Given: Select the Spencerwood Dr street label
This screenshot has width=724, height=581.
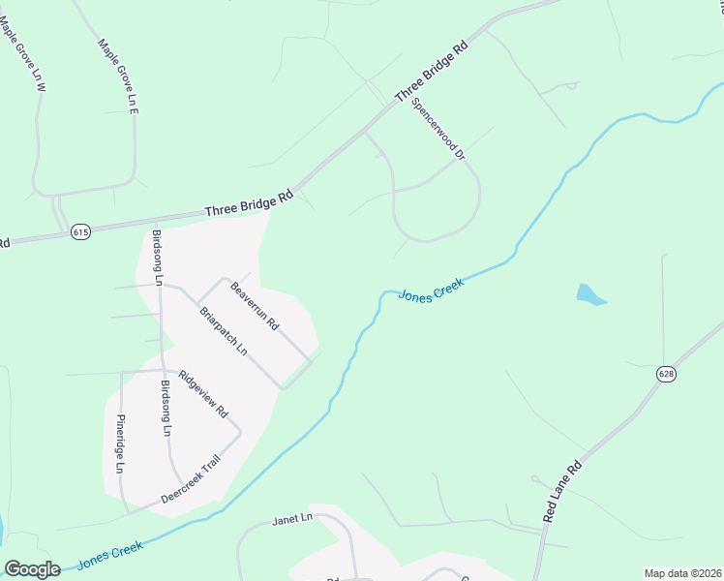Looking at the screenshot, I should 438,128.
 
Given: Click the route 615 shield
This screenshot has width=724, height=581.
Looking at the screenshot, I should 80,232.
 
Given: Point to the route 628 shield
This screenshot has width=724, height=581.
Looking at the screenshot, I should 665,374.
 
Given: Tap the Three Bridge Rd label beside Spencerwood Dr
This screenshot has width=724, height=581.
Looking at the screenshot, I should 432,73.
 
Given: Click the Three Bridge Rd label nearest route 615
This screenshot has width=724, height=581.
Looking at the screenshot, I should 249,203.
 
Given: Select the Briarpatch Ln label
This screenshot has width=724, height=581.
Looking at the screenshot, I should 224,330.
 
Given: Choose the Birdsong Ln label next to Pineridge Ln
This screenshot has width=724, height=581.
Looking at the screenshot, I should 167,408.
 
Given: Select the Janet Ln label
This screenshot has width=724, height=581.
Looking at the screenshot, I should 293,518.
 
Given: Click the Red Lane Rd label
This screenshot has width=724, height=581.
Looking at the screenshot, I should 561,492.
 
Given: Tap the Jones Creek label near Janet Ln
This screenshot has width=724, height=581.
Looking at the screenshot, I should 109,554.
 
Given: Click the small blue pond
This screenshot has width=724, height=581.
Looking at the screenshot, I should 589,294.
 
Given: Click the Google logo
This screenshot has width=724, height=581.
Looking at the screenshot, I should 31,569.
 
